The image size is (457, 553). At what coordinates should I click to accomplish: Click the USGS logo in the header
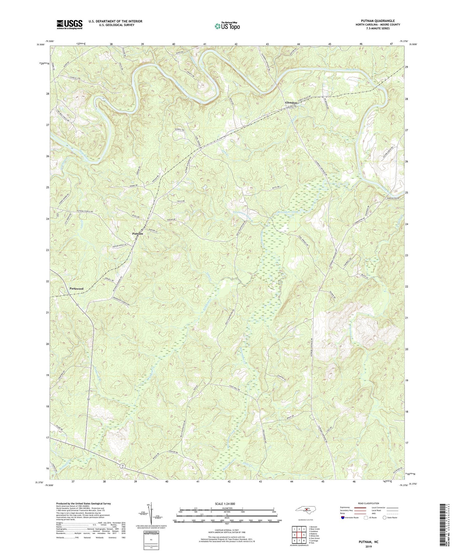click(69, 24)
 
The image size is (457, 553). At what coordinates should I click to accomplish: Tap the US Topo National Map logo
click(227, 26)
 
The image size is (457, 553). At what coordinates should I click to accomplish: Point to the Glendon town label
click(291, 103)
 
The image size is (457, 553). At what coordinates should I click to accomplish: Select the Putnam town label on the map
click(138, 234)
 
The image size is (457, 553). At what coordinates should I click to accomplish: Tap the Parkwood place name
click(76, 289)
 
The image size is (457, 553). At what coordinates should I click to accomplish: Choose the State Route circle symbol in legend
click(385, 518)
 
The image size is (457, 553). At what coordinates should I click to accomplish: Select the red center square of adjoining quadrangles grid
click(299, 535)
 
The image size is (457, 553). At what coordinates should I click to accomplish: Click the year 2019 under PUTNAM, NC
click(368, 546)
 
